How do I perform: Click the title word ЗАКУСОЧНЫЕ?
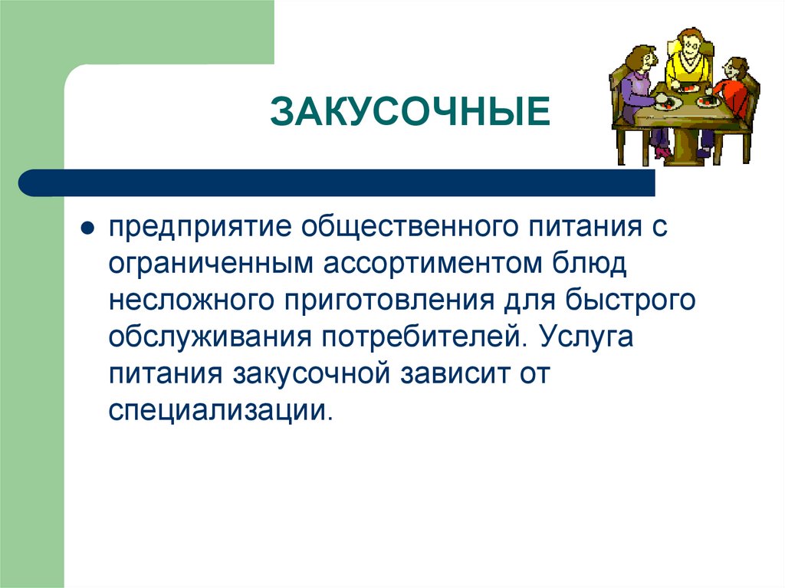click(x=409, y=112)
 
